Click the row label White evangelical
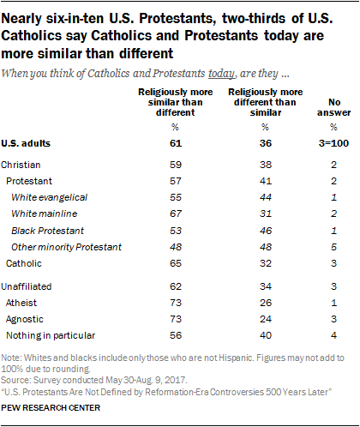tap(49, 197)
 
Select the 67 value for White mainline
tap(176, 213)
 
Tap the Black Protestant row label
tap(47, 231)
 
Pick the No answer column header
tap(333, 107)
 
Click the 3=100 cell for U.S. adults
tap(333, 143)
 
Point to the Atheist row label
tap(21, 303)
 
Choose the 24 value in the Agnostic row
tap(266, 319)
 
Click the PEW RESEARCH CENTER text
tap(51, 407)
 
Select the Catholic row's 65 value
tap(176, 263)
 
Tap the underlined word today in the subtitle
tap(221, 74)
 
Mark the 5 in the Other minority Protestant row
tap(333, 247)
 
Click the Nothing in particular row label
tap(51, 335)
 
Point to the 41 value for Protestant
tap(266, 181)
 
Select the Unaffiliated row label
tap(27, 286)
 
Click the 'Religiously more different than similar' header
tap(266, 102)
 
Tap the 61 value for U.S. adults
tap(176, 143)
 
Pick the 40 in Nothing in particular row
tap(266, 335)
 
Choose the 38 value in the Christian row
tap(266, 165)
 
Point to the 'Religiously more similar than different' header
tap(176, 102)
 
